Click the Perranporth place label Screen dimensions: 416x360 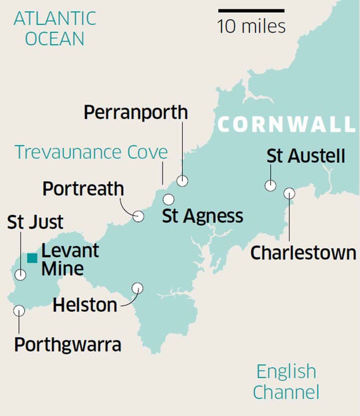click(136, 113)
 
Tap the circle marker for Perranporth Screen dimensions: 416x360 click(182, 181)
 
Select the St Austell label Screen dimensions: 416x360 click(306, 156)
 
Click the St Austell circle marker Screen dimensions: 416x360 click(271, 185)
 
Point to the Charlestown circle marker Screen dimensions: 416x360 click(289, 193)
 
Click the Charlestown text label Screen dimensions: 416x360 click(303, 253)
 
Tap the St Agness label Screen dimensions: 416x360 click(202, 216)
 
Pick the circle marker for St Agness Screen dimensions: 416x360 click(168, 199)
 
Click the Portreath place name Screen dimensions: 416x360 click(83, 189)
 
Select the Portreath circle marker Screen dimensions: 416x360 click(138, 216)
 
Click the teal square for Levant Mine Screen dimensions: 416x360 click(32, 258)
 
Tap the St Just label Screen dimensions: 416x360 click(35, 222)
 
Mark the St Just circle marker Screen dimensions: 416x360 click(21, 275)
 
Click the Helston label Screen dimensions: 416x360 click(85, 305)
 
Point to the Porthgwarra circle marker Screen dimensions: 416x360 click(19, 310)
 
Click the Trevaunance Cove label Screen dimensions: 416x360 click(91, 152)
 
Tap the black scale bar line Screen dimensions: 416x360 click(251, 10)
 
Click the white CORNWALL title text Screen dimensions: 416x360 click(287, 124)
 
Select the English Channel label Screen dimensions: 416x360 click(286, 381)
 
